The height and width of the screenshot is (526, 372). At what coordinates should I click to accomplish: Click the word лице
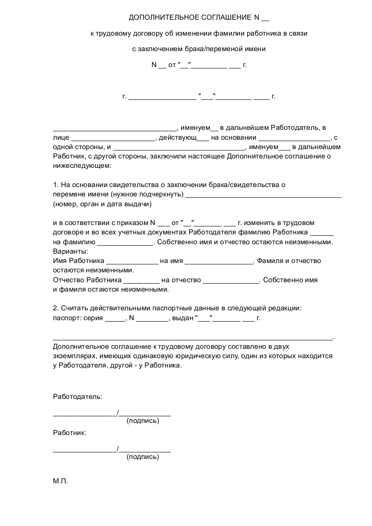click(61, 137)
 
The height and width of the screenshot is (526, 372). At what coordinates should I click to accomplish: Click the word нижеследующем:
click(82, 165)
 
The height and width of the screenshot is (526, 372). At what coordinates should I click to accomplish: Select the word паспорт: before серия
click(67, 318)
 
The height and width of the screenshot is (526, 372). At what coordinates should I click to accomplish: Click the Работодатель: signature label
click(77, 397)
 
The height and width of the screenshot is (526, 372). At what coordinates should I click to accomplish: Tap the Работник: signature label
click(69, 433)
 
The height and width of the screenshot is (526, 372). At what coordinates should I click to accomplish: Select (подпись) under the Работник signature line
click(143, 457)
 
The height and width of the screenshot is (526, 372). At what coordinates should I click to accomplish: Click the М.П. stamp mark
click(61, 481)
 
